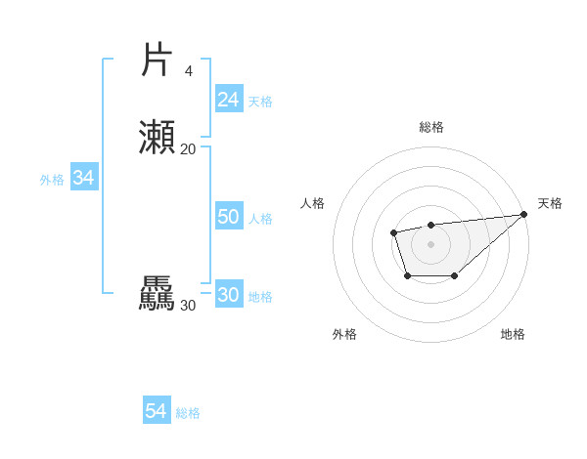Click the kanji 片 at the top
click(157, 60)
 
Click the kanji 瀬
click(157, 138)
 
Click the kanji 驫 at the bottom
click(157, 294)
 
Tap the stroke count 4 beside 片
click(188, 70)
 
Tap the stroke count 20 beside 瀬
click(188, 148)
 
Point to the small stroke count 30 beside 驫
click(188, 306)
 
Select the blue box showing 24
click(229, 100)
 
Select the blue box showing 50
click(229, 217)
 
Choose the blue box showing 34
click(83, 178)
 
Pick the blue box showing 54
click(156, 411)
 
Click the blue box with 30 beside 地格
click(229, 295)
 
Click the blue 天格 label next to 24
click(260, 102)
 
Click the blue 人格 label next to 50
click(260, 219)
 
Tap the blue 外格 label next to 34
click(52, 180)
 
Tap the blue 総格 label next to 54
click(188, 413)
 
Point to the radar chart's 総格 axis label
click(430, 127)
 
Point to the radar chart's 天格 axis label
click(550, 203)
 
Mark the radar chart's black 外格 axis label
click(344, 334)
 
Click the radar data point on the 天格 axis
click(524, 215)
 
